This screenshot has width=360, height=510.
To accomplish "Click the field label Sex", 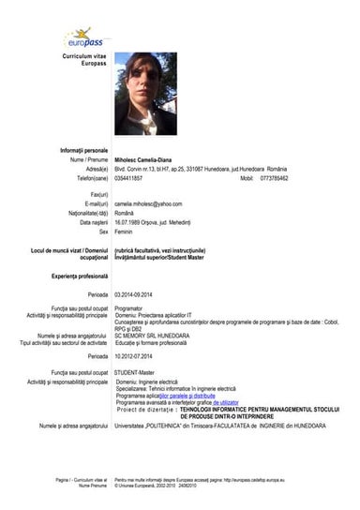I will pyautogui.click(x=105, y=231).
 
